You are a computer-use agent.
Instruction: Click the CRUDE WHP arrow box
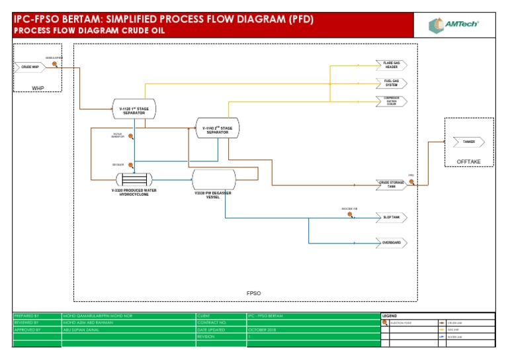coord(28,67)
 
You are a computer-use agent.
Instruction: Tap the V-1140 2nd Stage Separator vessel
coord(217,128)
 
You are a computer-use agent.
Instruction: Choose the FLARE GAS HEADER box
coord(391,65)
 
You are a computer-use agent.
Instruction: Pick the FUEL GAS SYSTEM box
coord(391,83)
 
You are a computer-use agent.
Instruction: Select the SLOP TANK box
coord(391,217)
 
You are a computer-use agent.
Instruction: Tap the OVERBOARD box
coord(391,243)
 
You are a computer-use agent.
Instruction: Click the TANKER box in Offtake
coord(468,142)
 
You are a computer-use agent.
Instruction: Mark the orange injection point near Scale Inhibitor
coord(131,137)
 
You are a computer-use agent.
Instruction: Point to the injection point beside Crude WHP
coord(55,64)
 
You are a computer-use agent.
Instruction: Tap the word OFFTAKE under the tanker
coord(469,161)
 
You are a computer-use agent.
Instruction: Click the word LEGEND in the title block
coord(390,316)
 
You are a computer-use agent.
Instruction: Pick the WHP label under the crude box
coord(38,87)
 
